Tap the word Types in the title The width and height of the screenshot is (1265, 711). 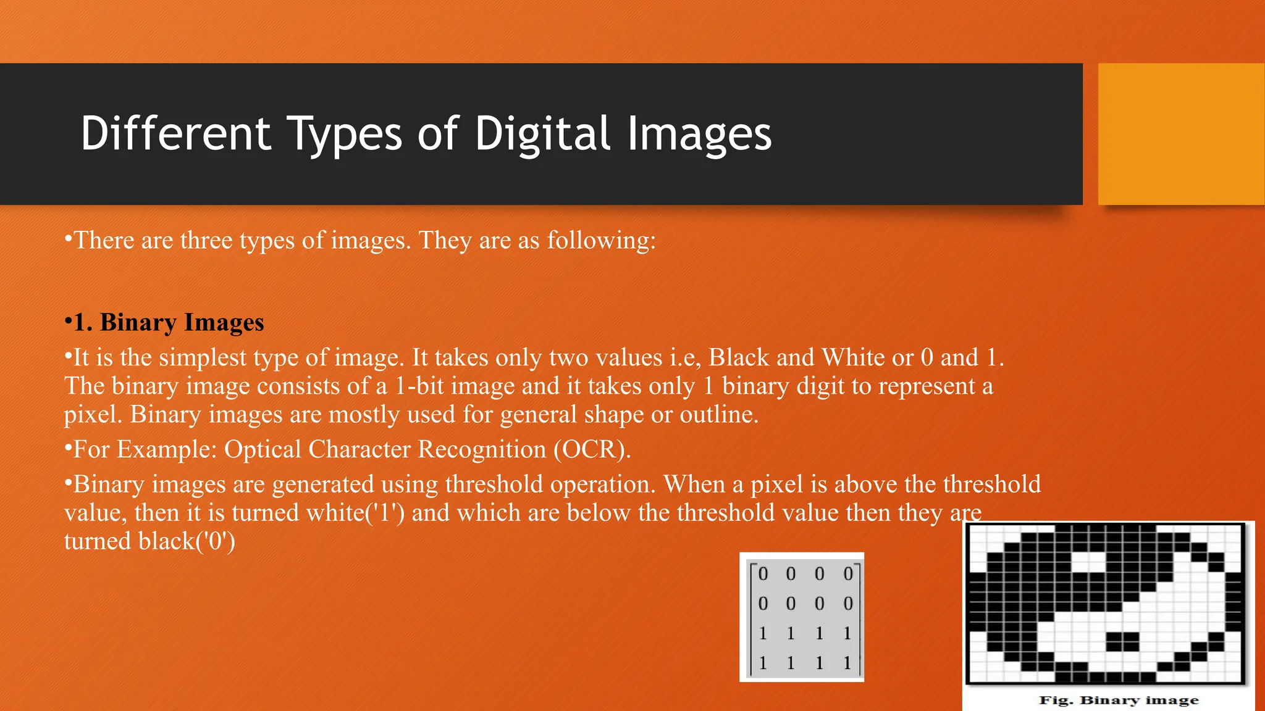tap(345, 135)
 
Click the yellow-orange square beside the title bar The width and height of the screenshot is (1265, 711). tap(1181, 134)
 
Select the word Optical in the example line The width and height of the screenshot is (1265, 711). tap(263, 449)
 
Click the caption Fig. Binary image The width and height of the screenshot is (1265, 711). tap(1119, 700)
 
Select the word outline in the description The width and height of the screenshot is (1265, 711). tap(719, 415)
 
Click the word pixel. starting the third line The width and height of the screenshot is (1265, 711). tap(93, 415)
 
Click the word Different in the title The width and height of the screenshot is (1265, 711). tap(175, 133)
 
